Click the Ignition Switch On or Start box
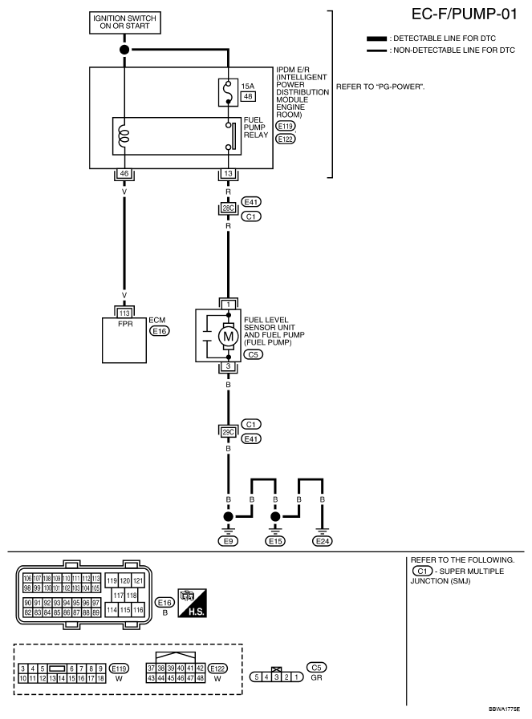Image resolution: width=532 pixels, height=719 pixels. [x=124, y=23]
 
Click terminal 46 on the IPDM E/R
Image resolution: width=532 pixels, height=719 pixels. [x=124, y=173]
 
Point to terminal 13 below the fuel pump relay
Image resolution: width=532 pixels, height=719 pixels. [x=229, y=173]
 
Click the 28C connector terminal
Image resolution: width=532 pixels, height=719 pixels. [x=229, y=208]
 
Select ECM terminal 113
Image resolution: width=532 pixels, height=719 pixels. [x=124, y=313]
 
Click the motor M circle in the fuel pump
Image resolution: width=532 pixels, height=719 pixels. [x=229, y=335]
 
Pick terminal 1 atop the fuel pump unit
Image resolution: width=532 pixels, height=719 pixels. [x=229, y=305]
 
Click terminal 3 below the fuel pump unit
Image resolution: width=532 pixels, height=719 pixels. [x=229, y=366]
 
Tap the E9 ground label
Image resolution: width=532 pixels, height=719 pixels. [x=229, y=541]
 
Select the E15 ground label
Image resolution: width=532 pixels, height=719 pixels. [x=275, y=541]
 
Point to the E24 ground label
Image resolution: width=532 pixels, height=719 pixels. [x=323, y=541]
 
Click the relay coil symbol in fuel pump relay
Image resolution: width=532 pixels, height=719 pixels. [x=124, y=135]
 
